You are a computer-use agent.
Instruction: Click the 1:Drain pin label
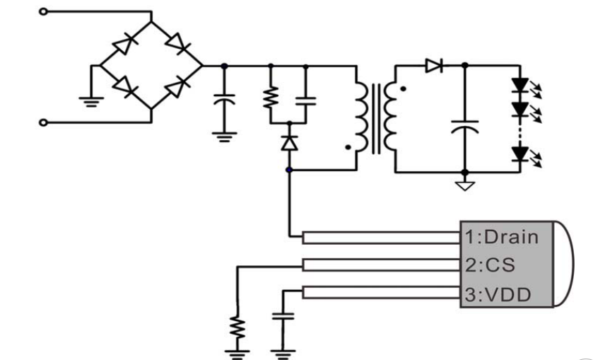(501, 236)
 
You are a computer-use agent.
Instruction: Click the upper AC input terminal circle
(42, 11)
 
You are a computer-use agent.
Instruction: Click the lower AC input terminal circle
(42, 122)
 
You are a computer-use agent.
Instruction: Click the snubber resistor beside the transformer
(270, 97)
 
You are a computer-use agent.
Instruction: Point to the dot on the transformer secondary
(403, 90)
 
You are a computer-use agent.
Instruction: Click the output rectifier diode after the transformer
(434, 66)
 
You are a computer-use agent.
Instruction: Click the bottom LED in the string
(522, 153)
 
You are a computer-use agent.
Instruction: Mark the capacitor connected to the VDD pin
(283, 319)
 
